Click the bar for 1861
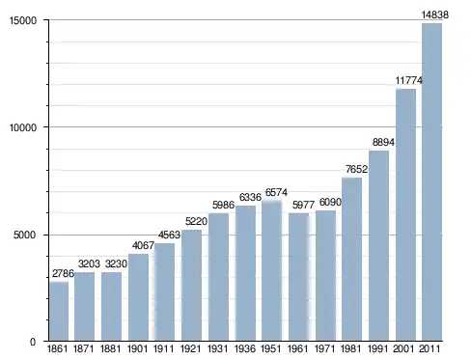pos(59,311)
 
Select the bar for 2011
pos(431,182)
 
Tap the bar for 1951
pos(271,270)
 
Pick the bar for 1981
pos(351,259)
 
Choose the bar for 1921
pos(191,286)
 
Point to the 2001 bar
pos(405,215)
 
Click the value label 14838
pos(435,14)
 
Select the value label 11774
pos(408,80)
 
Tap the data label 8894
pos(383,142)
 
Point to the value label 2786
pos(63,273)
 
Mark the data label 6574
pos(276,192)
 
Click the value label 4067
pos(143,245)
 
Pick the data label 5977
pos(303,205)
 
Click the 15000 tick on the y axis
pos(23,20)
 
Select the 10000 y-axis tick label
pos(23,127)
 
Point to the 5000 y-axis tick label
pos(24,235)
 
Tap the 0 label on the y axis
pos(33,342)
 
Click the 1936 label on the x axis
pos(245,348)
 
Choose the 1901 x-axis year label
pos(137,348)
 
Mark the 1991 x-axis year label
pos(377,348)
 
